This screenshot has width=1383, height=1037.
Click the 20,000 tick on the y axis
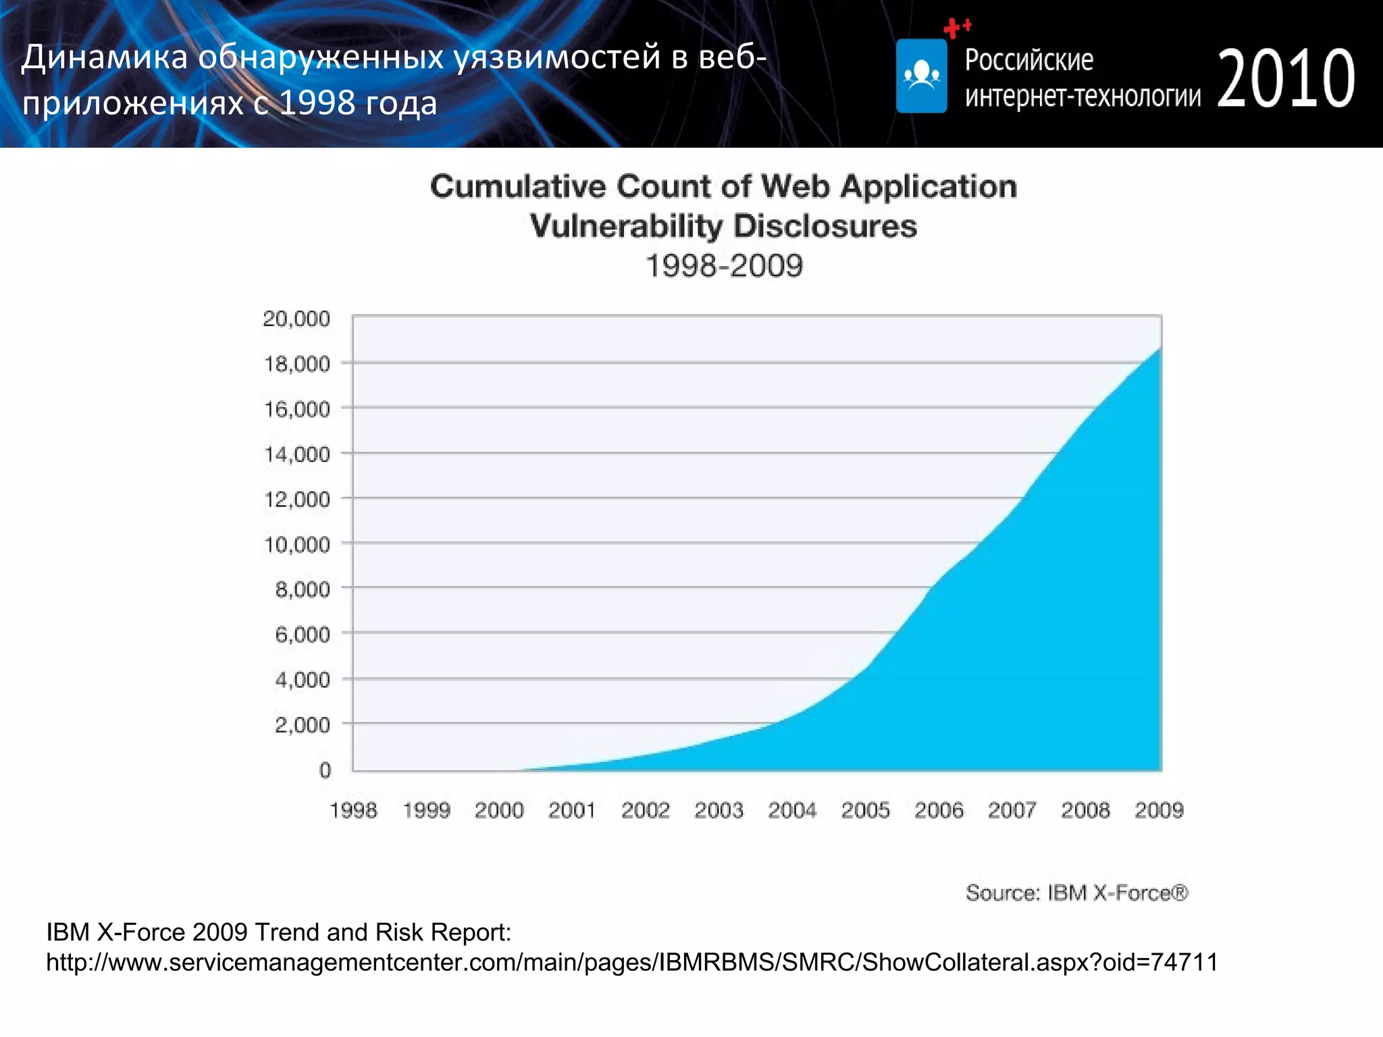pyautogui.click(x=296, y=319)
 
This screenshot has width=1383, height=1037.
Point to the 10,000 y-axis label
pyautogui.click(x=296, y=545)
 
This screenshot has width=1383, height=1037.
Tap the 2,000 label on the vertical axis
pyautogui.click(x=302, y=725)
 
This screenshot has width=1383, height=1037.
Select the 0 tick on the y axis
pyautogui.click(x=325, y=770)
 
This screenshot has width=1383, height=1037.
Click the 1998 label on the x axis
pyautogui.click(x=353, y=810)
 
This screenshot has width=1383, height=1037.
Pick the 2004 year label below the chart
pyautogui.click(x=792, y=810)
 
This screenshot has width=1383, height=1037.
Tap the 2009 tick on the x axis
pyautogui.click(x=1159, y=810)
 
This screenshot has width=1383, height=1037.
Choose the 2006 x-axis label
pyautogui.click(x=939, y=810)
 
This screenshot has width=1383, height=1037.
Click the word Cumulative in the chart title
pyautogui.click(x=518, y=187)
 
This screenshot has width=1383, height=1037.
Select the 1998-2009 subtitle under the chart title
pyautogui.click(x=724, y=266)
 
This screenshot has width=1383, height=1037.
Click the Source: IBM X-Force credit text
pyautogui.click(x=1076, y=893)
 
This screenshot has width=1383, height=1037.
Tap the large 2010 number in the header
pyautogui.click(x=1286, y=79)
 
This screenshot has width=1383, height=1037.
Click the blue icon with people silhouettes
pyautogui.click(x=921, y=76)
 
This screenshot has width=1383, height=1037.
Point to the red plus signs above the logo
pyautogui.click(x=956, y=28)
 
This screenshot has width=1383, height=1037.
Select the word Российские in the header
pyautogui.click(x=1028, y=60)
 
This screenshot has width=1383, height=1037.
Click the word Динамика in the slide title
pyautogui.click(x=104, y=57)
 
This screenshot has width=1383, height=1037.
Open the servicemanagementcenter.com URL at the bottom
pyautogui.click(x=631, y=962)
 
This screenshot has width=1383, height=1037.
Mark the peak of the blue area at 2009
pyautogui.click(x=1159, y=349)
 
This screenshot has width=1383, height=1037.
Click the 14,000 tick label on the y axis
pyautogui.click(x=296, y=455)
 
